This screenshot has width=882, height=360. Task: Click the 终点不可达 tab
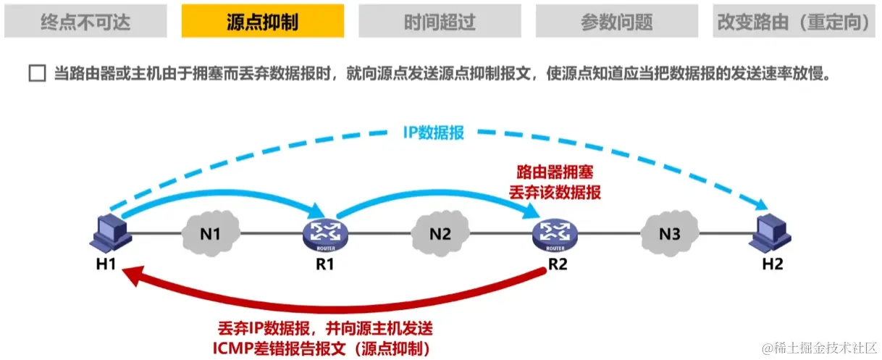(85, 21)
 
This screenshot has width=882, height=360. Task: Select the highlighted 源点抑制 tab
(262, 21)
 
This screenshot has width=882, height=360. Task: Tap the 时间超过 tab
(440, 21)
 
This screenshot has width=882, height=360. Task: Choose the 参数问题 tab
(616, 21)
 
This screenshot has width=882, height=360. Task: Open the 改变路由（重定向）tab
(794, 21)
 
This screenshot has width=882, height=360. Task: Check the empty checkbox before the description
(36, 75)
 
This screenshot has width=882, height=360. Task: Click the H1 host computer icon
(113, 232)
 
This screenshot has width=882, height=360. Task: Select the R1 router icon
(325, 234)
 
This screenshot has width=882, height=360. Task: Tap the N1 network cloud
(210, 233)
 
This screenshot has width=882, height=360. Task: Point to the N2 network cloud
(440, 233)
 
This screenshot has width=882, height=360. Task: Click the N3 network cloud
(670, 233)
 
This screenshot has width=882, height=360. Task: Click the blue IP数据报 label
(433, 133)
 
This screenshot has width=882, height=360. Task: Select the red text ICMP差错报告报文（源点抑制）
(322, 348)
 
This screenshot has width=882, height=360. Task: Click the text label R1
(325, 264)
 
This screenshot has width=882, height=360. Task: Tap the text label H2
(773, 264)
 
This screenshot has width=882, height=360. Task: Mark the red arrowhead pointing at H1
(130, 274)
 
